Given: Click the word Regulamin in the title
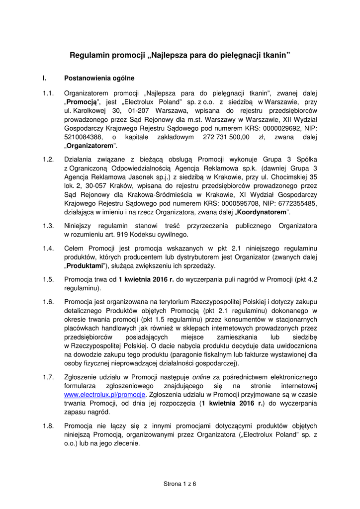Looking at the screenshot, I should click(x=88, y=55).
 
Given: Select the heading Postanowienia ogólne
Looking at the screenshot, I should click(x=99, y=78).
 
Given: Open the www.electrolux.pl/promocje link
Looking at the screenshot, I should click(x=105, y=394).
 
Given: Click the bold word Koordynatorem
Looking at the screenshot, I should click(x=262, y=212).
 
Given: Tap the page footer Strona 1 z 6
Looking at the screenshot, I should click(x=180, y=484).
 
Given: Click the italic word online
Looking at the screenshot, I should click(x=202, y=377).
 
